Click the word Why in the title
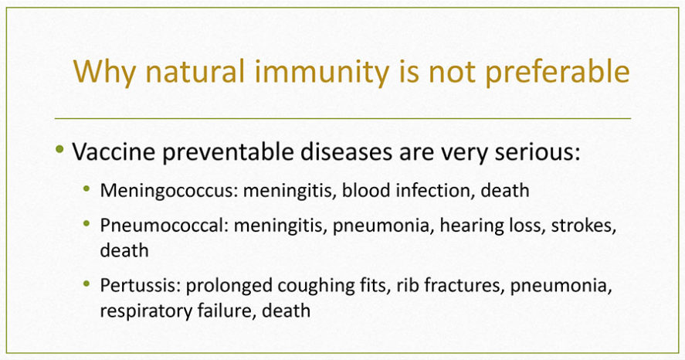tap(104, 72)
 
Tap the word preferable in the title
tap(558, 72)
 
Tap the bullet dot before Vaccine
tap(59, 149)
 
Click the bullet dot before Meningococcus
tap(86, 188)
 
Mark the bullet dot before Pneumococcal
tap(86, 224)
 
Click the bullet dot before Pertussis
tap(86, 284)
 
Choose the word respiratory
tap(145, 311)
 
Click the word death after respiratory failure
tap(287, 311)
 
